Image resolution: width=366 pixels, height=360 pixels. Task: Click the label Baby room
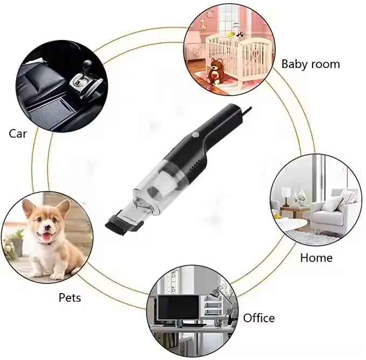(310, 64)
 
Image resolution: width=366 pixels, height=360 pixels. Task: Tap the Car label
(18, 133)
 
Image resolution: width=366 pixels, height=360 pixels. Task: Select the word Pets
(70, 297)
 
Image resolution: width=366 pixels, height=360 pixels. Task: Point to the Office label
(259, 318)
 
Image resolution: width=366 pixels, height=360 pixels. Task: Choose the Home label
(316, 257)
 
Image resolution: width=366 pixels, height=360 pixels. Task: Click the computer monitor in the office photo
(177, 307)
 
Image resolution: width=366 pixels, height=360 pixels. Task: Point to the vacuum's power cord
(245, 111)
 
